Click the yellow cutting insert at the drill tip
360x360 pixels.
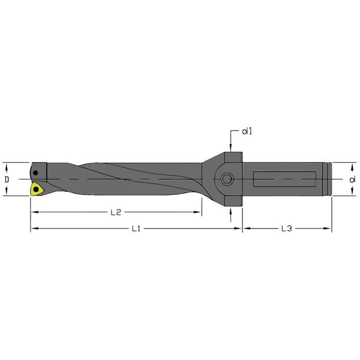[x=38, y=189]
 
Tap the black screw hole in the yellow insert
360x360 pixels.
[x=37, y=190]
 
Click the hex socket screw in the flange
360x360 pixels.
[x=227, y=179]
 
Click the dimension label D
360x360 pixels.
[x=7, y=179]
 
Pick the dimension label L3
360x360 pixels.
[x=287, y=229]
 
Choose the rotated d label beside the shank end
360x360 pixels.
[x=351, y=179]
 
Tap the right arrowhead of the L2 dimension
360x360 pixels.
[x=199, y=212]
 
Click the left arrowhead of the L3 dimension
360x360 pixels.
[x=245, y=229]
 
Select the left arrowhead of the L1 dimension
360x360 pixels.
[x=34, y=229]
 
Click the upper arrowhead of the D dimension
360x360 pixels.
[x=7, y=165]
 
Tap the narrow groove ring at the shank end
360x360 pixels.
[x=327, y=179]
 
